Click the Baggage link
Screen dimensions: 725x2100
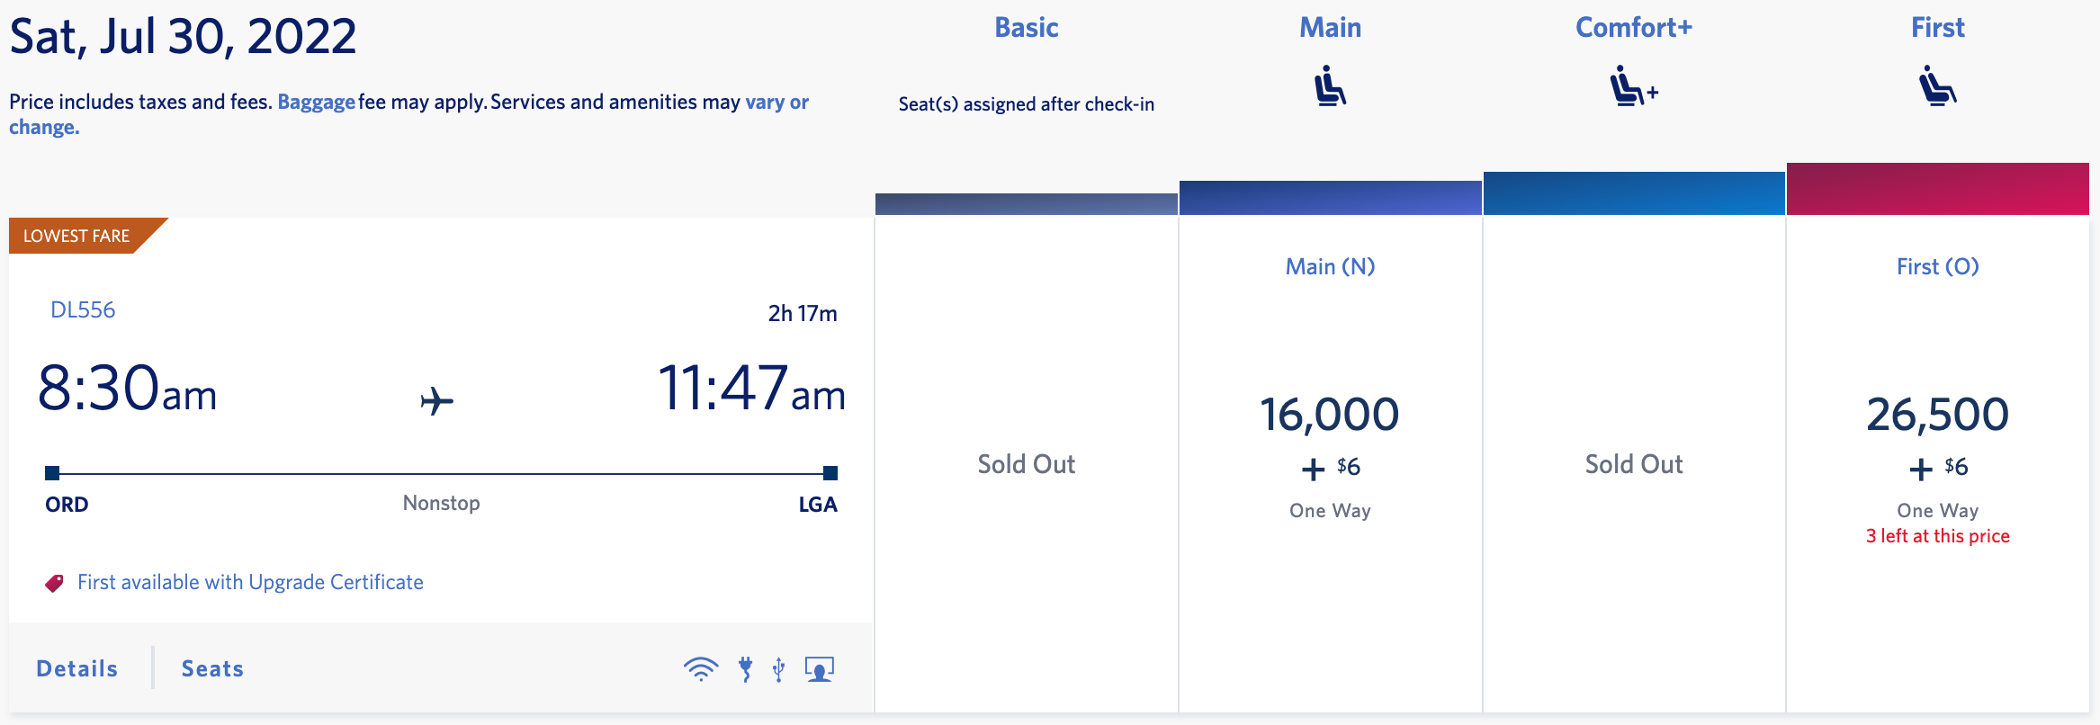[x=316, y=103]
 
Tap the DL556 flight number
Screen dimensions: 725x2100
[x=83, y=310]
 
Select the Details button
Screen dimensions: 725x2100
[x=77, y=668]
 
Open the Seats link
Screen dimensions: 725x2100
[x=212, y=668]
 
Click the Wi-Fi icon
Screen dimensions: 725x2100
[x=700, y=669]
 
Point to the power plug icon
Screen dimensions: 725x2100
[x=745, y=669]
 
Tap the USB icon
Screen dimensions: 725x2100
[x=779, y=669]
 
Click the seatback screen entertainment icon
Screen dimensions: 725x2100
[x=819, y=669]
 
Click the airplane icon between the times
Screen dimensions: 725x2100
[x=437, y=400]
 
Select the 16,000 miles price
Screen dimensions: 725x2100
[x=1329, y=415]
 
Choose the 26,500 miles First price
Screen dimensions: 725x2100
[x=1937, y=415]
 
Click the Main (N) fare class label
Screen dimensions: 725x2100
[x=1330, y=266]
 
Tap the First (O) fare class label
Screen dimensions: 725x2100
[x=1937, y=266]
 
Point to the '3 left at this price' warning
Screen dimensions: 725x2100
[x=1937, y=536]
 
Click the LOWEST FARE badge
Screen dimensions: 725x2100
[x=77, y=236]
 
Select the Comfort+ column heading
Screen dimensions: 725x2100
[x=1633, y=28]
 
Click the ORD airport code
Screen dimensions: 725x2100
[x=67, y=505]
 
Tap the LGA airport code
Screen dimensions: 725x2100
[x=818, y=505]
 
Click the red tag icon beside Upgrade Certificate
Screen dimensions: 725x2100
[x=55, y=583]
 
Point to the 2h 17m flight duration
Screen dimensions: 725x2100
[x=802, y=313]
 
